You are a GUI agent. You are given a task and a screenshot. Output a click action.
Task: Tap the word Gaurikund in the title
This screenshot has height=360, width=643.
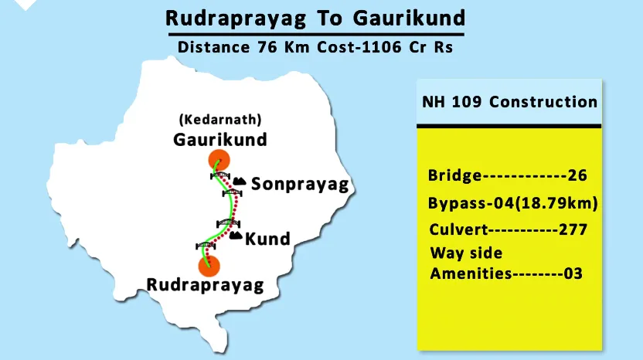pos(414,17)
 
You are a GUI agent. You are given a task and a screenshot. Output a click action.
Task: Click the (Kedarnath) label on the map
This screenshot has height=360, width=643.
pos(219,121)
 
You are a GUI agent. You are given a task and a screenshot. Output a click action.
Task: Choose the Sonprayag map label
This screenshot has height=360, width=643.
pos(301,184)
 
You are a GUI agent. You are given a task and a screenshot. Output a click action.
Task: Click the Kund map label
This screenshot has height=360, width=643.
pos(267,239)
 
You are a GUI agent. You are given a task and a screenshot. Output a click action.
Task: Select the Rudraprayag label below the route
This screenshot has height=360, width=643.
pos(206,285)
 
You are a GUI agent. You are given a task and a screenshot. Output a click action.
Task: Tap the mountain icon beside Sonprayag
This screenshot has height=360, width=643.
pos(240,182)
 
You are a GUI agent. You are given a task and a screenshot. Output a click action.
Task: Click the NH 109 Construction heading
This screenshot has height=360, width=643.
pos(509,102)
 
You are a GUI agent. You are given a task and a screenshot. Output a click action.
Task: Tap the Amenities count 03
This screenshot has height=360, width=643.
pos(572,273)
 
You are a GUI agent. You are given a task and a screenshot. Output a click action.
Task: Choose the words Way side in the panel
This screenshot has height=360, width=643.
pos(466,253)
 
